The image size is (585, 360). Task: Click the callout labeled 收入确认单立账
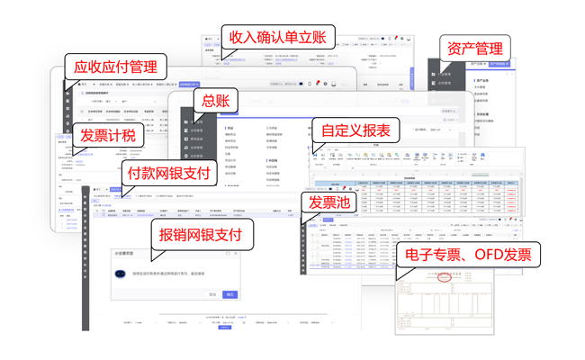(x=280, y=38)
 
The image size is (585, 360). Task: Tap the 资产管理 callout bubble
(x=475, y=48)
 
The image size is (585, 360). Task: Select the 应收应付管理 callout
(x=115, y=67)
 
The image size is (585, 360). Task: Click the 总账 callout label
(x=215, y=102)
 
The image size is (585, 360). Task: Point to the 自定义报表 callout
(x=355, y=130)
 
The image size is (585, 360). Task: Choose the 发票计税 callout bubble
(x=107, y=136)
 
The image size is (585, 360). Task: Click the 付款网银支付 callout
(x=168, y=173)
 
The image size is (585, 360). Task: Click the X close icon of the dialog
(x=236, y=254)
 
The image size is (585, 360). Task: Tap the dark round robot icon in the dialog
(x=120, y=274)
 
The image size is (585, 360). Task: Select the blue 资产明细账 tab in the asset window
(x=499, y=64)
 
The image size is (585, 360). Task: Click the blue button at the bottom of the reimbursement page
(x=225, y=328)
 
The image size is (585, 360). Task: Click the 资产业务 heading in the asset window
(x=482, y=81)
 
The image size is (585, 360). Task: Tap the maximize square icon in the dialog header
(x=228, y=254)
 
